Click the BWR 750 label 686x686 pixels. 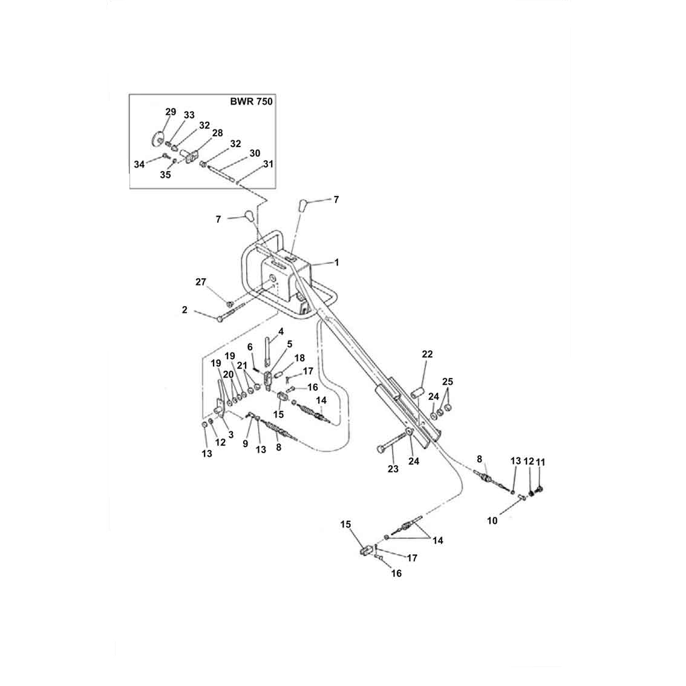pyautogui.click(x=251, y=102)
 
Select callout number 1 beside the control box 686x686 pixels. pyautogui.click(x=336, y=263)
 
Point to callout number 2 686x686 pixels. pyautogui.click(x=185, y=310)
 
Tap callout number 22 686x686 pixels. pyautogui.click(x=427, y=354)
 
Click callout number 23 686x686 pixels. pyautogui.click(x=393, y=469)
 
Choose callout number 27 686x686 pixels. pyautogui.click(x=200, y=282)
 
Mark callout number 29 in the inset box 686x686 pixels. pyautogui.click(x=171, y=112)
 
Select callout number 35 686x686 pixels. pyautogui.click(x=165, y=175)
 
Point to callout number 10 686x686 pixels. pyautogui.click(x=492, y=521)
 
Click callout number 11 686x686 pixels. pyautogui.click(x=540, y=462)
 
